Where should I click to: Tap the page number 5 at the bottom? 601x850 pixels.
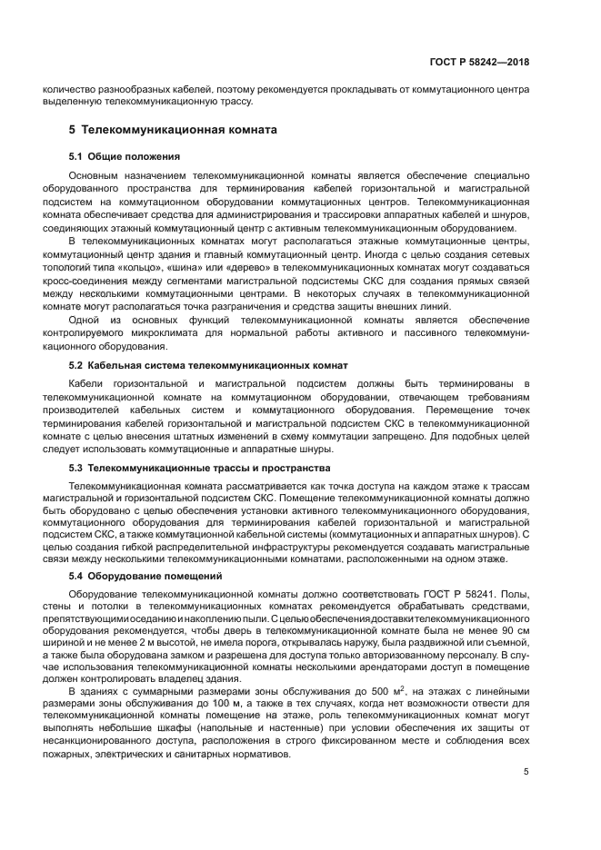coord(526,773)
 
